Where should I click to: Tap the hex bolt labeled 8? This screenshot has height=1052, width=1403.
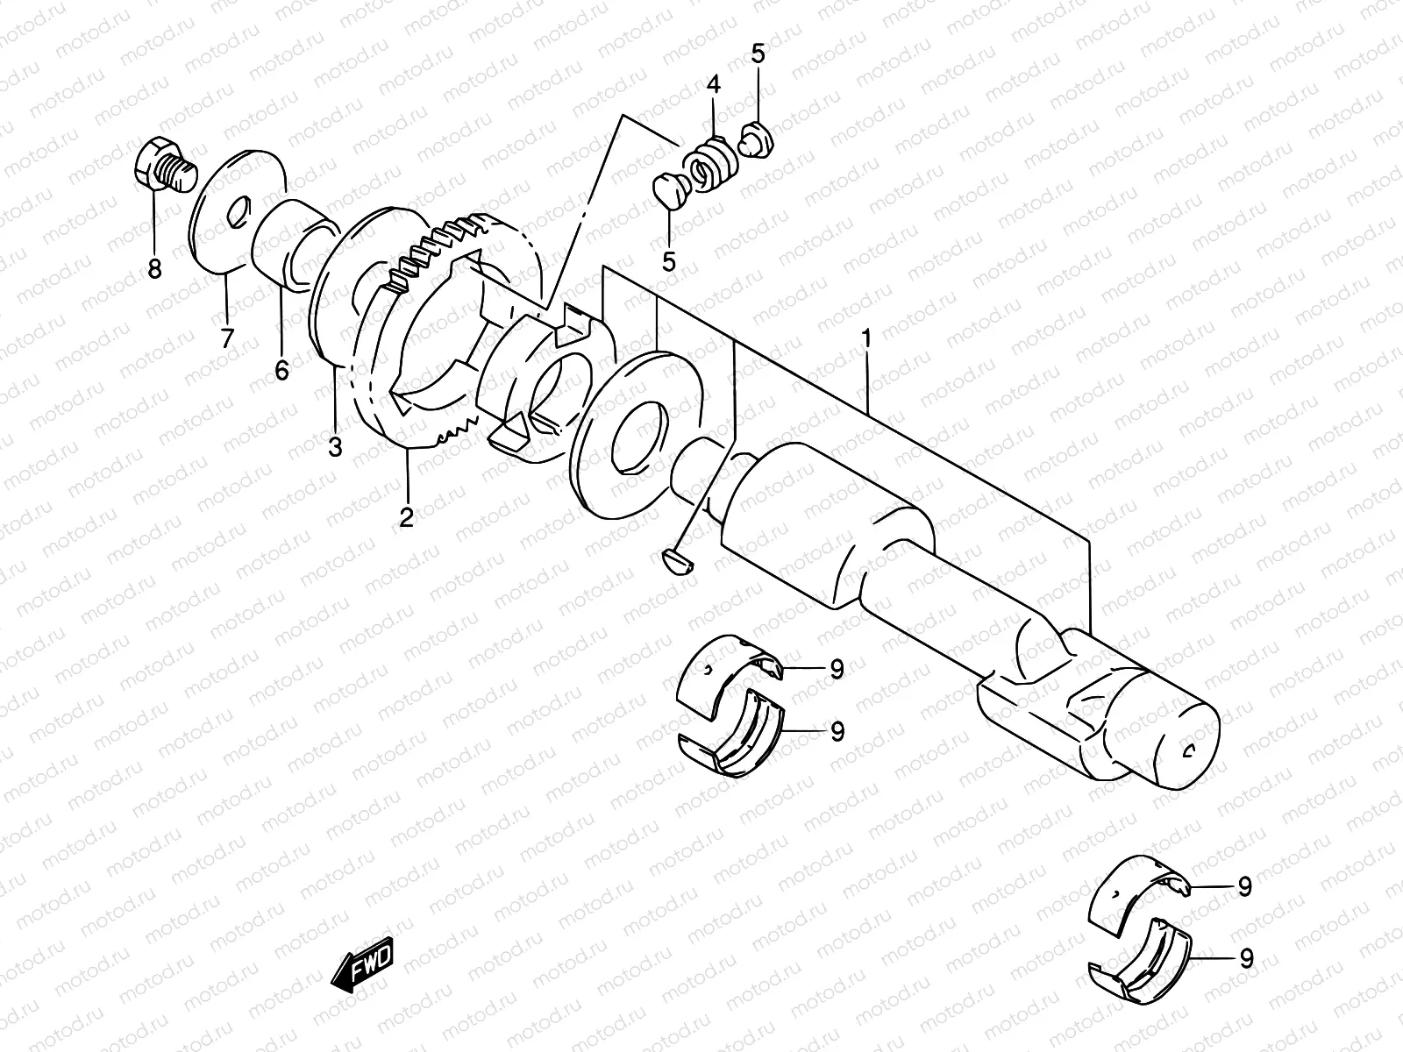click(x=163, y=167)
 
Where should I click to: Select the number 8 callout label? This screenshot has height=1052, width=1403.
click(x=154, y=269)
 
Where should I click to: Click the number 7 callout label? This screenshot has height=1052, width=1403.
click(x=227, y=338)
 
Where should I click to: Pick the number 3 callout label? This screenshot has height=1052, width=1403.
click(x=335, y=447)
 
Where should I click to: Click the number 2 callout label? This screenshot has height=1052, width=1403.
click(x=406, y=517)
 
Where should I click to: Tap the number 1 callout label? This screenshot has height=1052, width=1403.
click(x=866, y=338)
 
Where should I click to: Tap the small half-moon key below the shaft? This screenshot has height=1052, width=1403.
click(x=675, y=561)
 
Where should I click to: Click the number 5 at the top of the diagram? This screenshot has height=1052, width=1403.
click(x=758, y=54)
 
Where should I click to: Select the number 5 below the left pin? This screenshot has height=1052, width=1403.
click(x=670, y=261)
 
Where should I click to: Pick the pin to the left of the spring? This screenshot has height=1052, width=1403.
click(x=670, y=190)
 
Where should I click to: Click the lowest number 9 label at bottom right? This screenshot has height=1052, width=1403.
click(x=1246, y=958)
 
